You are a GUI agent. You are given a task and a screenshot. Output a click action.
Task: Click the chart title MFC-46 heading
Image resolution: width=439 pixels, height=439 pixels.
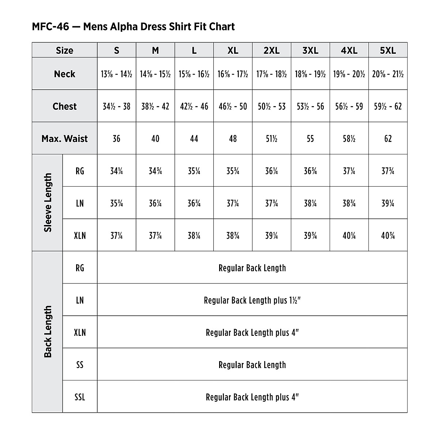(x=133, y=27)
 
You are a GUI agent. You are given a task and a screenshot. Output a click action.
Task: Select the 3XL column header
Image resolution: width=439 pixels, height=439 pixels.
(x=310, y=50)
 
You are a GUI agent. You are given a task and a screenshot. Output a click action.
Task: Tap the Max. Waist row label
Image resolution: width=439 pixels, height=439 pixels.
(x=65, y=139)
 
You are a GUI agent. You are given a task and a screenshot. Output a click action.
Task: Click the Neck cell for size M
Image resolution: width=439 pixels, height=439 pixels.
(x=155, y=74)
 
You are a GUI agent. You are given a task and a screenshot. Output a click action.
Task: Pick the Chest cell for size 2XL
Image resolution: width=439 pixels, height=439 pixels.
(x=271, y=106)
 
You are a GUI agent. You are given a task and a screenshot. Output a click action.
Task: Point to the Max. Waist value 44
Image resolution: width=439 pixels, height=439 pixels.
(x=194, y=139)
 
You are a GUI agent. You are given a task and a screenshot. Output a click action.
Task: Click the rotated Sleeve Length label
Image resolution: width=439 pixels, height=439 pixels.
(x=48, y=203)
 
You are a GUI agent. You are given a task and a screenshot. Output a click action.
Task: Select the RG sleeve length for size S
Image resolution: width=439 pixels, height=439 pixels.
(x=116, y=171)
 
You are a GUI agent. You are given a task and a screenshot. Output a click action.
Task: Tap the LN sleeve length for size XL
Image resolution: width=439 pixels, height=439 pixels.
(x=233, y=203)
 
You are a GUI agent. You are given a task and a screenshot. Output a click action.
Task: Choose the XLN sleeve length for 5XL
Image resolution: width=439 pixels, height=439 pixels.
(x=388, y=236)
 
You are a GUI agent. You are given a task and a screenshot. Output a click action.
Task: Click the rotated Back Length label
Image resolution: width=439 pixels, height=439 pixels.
(x=48, y=332)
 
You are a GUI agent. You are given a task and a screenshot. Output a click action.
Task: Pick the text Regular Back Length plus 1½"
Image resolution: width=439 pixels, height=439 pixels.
(x=252, y=300)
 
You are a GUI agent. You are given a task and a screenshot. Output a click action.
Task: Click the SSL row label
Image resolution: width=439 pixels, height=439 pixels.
(x=80, y=397)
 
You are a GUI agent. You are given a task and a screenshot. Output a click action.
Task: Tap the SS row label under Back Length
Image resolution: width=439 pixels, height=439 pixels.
(x=80, y=365)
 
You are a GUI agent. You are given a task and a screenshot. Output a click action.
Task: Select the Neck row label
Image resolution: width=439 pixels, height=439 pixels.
(x=65, y=74)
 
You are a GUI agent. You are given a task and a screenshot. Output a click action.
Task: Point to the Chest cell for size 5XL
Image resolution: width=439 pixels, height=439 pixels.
(x=388, y=106)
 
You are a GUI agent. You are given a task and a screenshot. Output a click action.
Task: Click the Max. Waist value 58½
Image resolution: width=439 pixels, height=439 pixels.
(x=349, y=139)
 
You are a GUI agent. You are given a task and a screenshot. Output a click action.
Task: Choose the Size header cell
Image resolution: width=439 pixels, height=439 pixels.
(x=65, y=50)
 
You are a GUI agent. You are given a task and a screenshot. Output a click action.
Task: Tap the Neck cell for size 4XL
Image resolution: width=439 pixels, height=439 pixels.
(x=349, y=74)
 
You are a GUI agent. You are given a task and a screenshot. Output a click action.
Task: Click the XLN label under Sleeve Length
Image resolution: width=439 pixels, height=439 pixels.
(x=80, y=236)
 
